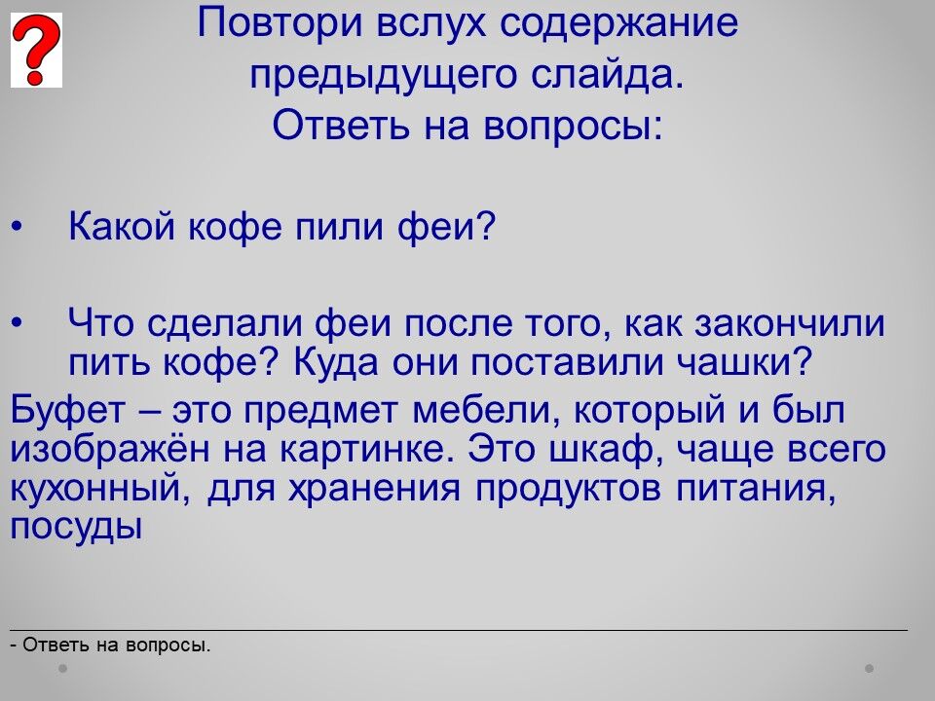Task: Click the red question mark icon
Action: point(36,50)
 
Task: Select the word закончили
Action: point(790,323)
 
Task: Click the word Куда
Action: point(336,363)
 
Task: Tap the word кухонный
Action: point(95,489)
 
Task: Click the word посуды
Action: point(76,528)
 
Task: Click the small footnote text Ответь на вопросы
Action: point(117,645)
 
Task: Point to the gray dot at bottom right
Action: point(870,668)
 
